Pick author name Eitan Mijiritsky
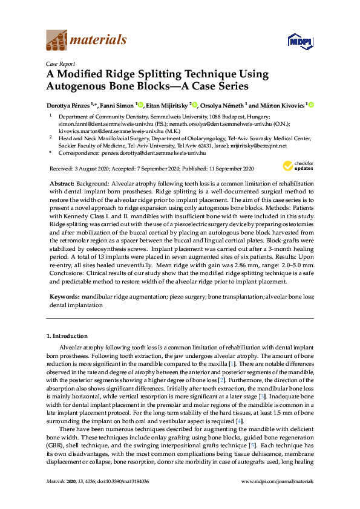[166, 105]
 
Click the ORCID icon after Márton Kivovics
[312, 105]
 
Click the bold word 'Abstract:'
[62, 183]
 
